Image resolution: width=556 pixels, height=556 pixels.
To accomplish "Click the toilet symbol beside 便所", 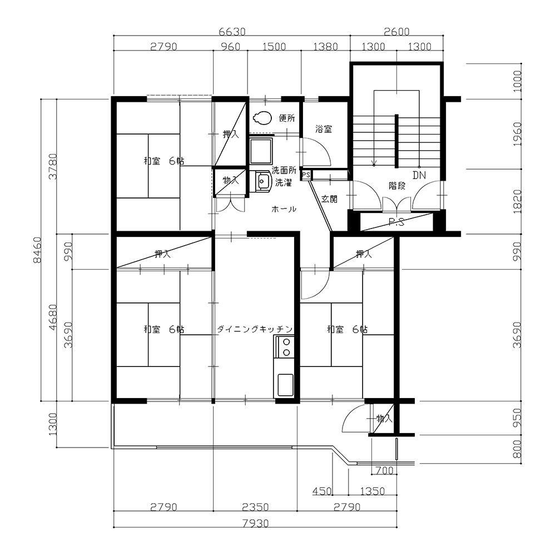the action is pos(262,118).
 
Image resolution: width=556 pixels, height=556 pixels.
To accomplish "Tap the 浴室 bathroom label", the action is pos(324,129).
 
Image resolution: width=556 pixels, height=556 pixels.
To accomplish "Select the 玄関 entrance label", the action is pos(329,199).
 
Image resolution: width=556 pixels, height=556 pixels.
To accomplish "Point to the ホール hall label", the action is pos(284,209).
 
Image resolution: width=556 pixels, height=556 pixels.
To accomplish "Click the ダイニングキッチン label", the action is pos(255,329).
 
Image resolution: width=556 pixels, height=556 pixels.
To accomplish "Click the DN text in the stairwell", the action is pos(419,175).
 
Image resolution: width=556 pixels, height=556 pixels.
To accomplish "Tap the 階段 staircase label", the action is pos(397,186).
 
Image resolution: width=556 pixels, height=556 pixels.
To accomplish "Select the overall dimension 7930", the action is pos(255,523).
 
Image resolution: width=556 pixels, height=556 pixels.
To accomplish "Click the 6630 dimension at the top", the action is pos(232,32).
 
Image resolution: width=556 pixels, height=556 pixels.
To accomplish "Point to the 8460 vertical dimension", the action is pos(37,250).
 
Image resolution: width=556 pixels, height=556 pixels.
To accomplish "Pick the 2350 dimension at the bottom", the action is pos(255,507).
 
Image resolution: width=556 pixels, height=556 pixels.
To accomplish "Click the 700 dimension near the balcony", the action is pos(384,470).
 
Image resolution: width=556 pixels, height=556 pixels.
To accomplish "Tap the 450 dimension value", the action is pos(322,491).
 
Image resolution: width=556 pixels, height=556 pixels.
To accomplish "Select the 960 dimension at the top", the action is pos(230,47).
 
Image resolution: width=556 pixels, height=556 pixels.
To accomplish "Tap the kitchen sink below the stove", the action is pos(285,385).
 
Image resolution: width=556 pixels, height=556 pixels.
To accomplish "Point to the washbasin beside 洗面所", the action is pos(263,181).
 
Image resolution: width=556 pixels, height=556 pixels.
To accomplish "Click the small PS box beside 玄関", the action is pos(306,175).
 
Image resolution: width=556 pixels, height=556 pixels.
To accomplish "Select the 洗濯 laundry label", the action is pos(284,183).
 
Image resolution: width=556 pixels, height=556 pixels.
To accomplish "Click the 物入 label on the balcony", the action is pos(384,419).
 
